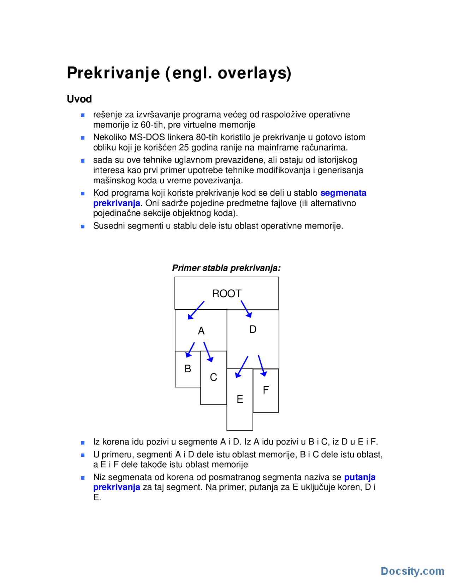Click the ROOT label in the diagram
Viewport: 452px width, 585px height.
coord(226,294)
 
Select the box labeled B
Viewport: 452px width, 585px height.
coord(188,369)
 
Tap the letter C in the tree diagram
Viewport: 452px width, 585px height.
coord(213,377)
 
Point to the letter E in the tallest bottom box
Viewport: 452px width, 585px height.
coord(240,399)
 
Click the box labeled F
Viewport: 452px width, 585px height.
coord(266,390)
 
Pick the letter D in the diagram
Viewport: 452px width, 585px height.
coord(253,330)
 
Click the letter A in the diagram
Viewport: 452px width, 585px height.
coord(201,331)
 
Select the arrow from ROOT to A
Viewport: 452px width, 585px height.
coord(196,310)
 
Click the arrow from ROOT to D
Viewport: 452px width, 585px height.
coord(246,309)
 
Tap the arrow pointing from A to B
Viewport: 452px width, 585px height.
coord(190,350)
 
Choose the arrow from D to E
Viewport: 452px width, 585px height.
coord(242,367)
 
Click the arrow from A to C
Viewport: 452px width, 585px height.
coord(208,352)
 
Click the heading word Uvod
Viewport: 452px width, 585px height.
coord(79,99)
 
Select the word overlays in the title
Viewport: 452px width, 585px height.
coord(254,73)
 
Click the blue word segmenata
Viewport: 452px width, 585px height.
coord(343,193)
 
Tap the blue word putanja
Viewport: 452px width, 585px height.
coord(359,477)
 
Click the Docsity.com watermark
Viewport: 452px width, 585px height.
coord(412,571)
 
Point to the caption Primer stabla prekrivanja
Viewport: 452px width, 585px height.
coord(226,268)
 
